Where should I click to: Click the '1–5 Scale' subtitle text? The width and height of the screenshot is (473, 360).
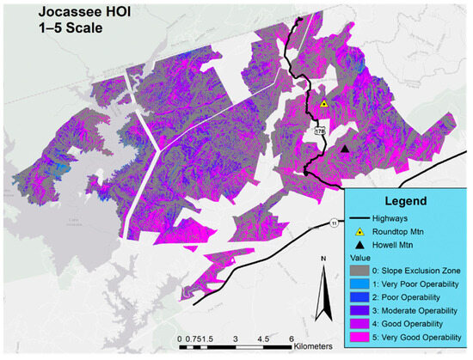point(52,30)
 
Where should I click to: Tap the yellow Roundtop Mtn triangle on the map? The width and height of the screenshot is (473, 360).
point(324,104)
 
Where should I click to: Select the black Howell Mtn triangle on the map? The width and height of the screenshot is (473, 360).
point(345,149)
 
